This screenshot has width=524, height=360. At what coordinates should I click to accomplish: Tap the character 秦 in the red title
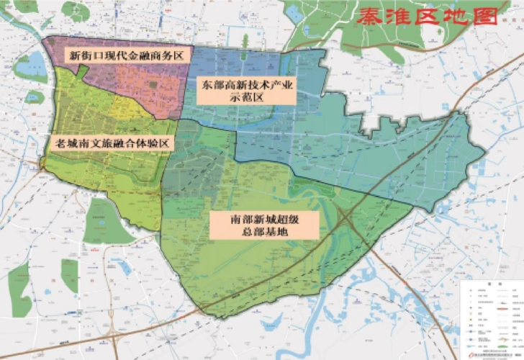367,17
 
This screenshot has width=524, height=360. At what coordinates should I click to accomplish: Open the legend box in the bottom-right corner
490,317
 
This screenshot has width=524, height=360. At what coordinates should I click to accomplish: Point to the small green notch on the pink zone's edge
83,70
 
